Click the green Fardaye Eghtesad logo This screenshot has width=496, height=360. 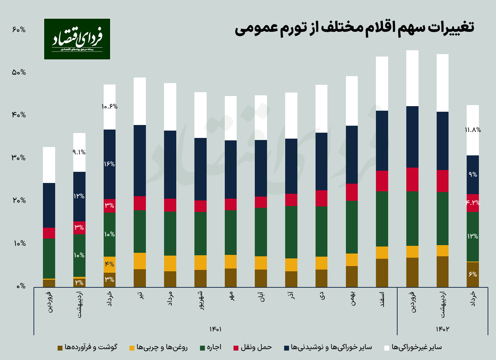coord(77,39)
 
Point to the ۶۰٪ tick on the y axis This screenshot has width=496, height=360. coord(19,30)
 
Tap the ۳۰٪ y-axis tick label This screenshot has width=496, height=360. coord(19,158)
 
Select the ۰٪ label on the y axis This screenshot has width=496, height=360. coord(21,286)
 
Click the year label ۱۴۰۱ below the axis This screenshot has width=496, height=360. coord(215,329)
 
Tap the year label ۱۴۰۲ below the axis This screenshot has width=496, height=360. coord(442,329)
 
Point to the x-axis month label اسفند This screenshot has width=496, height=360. coord(382,299)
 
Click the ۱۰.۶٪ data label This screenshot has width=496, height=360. coord(110,106)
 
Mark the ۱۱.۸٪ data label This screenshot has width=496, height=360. coord(473,130)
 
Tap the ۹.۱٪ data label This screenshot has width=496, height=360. coord(79,152)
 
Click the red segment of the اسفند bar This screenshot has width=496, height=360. coord(382,181)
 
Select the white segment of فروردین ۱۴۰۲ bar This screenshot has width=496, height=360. coord(412,78)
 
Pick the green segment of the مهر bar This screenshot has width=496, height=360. coord(231,232)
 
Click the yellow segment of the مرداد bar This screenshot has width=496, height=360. coord(170,263)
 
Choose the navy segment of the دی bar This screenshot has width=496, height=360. coord(321,161)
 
